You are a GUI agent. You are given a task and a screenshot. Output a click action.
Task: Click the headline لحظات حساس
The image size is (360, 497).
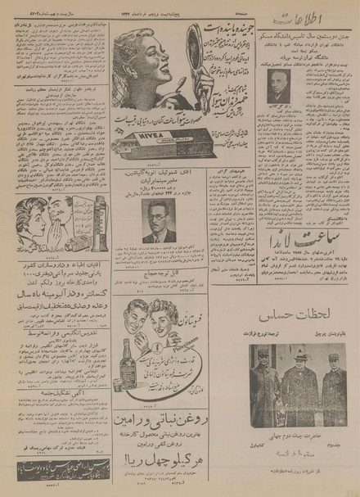click(x=300, y=315)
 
